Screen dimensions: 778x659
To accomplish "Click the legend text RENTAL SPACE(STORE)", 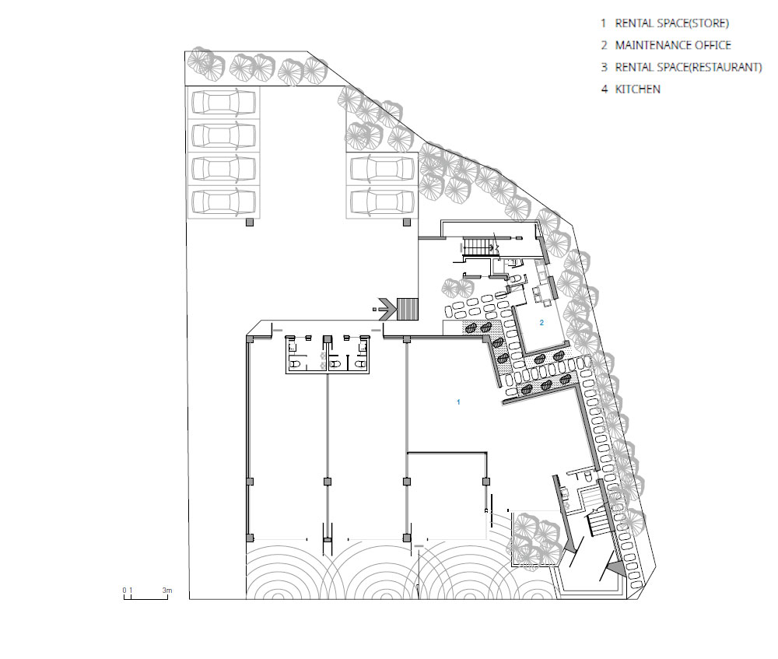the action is point(672,23).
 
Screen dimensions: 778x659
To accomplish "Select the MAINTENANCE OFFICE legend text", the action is point(673,45).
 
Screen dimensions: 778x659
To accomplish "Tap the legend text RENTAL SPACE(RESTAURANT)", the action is point(689,67).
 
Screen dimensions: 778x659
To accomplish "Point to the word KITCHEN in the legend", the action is point(638,89).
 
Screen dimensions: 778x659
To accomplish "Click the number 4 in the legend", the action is point(604,89).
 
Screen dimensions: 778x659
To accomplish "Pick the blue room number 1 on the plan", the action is point(458,402).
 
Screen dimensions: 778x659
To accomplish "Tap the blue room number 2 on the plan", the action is point(541,323).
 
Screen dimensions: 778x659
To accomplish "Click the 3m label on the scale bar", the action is point(167,591).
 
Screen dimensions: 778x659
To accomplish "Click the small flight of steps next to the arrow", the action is point(408,309).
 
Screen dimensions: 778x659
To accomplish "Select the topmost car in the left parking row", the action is point(224,102).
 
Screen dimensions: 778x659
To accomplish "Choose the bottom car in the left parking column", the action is point(224,202).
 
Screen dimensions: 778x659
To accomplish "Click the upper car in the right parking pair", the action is point(382,169).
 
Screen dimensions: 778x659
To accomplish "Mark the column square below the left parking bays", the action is point(250,223).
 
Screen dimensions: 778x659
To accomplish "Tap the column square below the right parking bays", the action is point(407,223).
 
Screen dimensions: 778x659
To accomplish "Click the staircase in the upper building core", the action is point(478,246).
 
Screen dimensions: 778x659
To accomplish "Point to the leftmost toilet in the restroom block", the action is point(295,364).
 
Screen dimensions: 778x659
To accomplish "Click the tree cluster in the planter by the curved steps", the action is point(534,539).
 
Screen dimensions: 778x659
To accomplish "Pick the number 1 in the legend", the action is point(604,23).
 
